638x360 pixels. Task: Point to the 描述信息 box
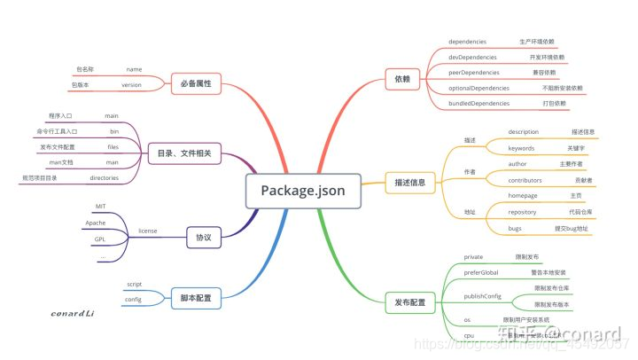pos(409,184)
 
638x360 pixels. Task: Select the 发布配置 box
pos(409,303)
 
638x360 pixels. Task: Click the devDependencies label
pos(479,57)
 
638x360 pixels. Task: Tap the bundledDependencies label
pos(486,104)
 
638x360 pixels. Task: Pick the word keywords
pos(521,147)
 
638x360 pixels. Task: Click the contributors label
pos(525,180)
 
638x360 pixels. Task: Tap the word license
pos(149,231)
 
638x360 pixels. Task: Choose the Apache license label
pos(96,223)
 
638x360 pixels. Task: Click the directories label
pos(105,178)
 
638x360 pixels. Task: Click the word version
pos(132,85)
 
